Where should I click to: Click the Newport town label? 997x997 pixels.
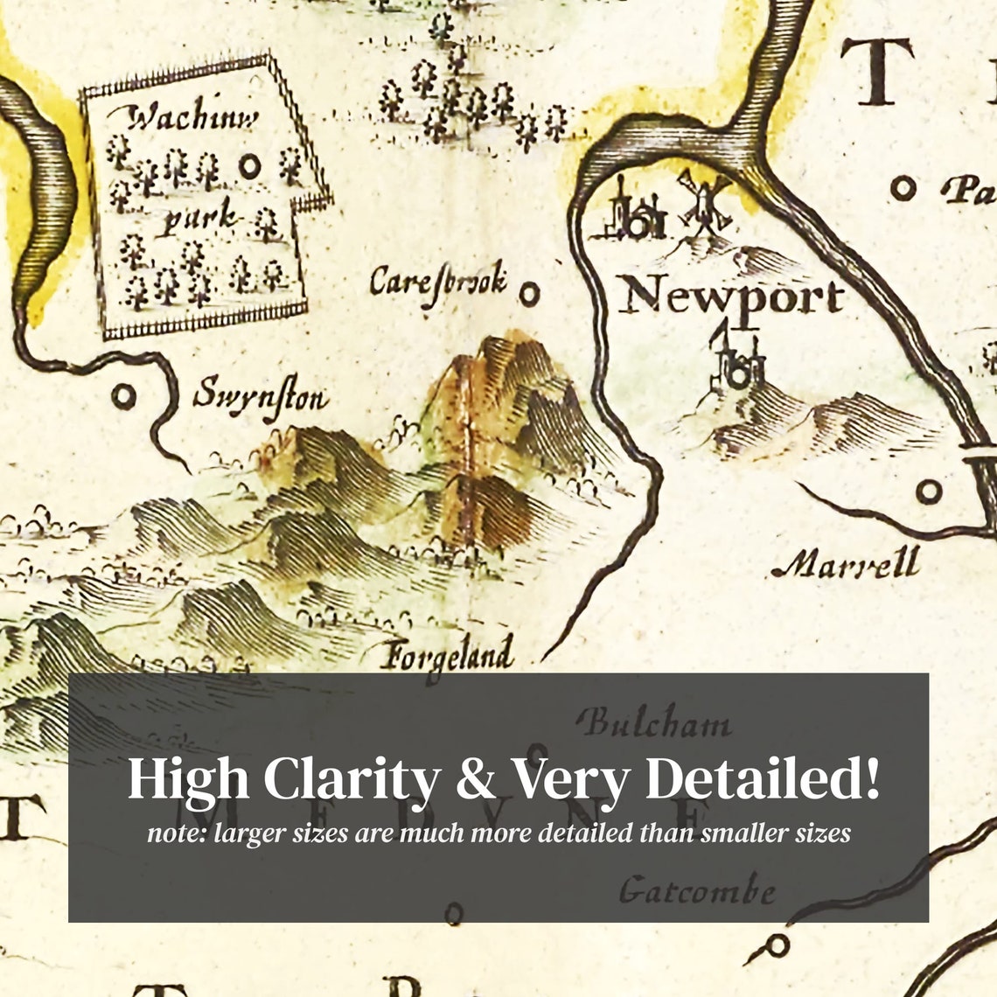(731, 298)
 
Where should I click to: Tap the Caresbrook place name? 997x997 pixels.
(437, 282)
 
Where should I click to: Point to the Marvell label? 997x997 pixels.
(846, 563)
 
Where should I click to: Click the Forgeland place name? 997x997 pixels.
(448, 654)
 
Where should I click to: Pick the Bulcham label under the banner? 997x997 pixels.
(655, 723)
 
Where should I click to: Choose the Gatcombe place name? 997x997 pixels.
(697, 890)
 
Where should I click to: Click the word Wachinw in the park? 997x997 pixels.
(193, 118)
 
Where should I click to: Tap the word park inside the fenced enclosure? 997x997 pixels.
(200, 217)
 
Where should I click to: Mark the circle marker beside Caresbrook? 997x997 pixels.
(528, 293)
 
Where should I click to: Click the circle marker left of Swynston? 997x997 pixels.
(124, 396)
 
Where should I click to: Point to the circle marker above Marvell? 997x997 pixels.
(929, 491)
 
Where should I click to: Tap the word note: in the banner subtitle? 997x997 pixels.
(176, 833)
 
